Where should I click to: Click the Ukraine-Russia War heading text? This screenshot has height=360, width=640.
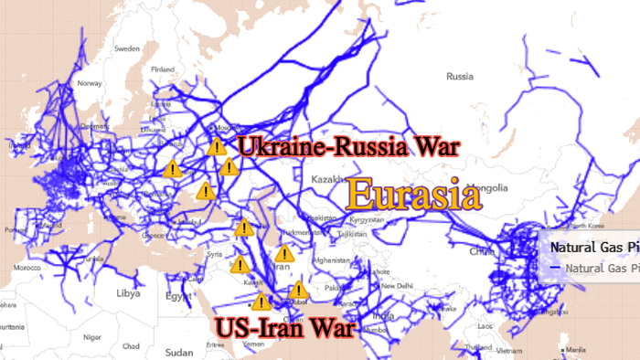click(347, 146)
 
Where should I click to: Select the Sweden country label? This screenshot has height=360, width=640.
click(127, 48)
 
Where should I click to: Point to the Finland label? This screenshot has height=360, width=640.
click(162, 69)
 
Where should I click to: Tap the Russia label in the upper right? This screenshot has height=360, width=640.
click(458, 77)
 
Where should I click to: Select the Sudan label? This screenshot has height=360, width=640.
click(179, 352)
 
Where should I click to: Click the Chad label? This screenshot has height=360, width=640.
click(131, 346)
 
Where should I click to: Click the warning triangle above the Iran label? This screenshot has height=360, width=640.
click(284, 253)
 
